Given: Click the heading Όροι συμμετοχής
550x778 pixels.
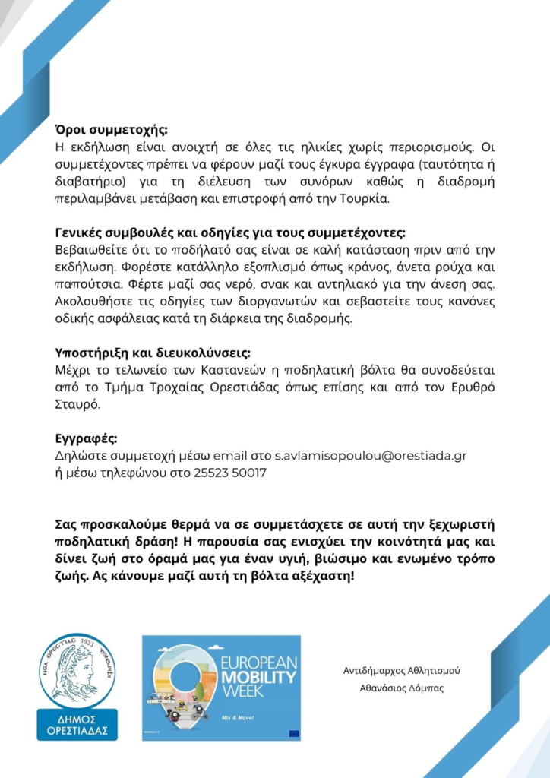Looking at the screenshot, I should pyautogui.click(x=112, y=128).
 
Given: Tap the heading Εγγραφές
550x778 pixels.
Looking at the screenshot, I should pyautogui.click(x=86, y=439).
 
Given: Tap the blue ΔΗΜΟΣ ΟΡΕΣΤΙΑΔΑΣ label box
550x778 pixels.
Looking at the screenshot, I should pyautogui.click(x=77, y=724).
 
